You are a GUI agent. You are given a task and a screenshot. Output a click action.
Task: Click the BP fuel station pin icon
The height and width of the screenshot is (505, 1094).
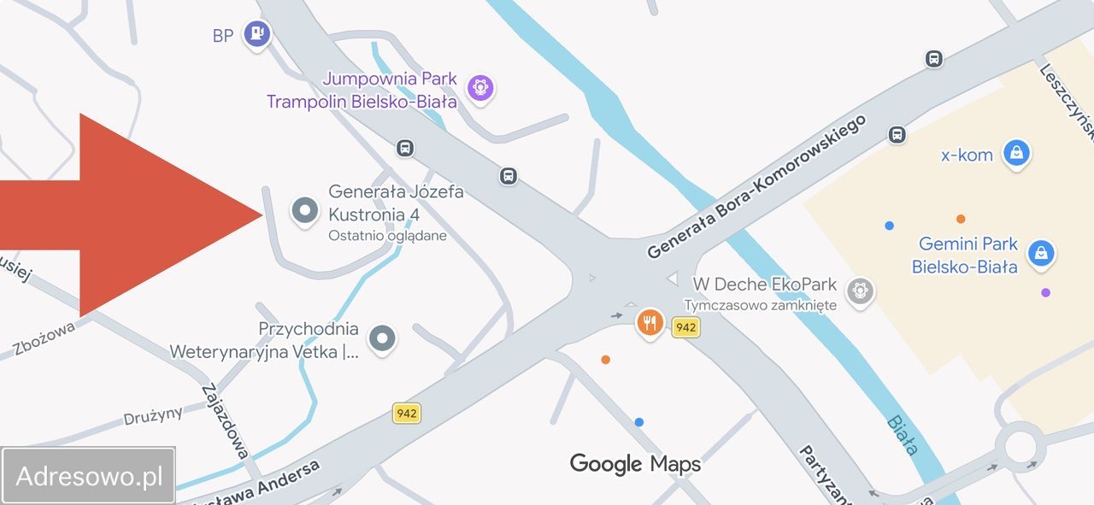click(x=256, y=34)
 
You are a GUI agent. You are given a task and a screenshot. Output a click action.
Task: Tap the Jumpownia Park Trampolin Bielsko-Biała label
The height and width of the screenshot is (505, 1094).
click(x=362, y=91)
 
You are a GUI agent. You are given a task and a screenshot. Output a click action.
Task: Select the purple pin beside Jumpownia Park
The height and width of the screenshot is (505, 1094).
click(x=480, y=87)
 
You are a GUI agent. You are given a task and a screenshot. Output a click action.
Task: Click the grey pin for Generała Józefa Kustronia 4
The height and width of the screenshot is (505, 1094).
click(x=305, y=210)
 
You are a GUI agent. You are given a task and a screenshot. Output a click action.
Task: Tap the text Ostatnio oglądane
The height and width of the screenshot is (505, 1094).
click(x=387, y=236)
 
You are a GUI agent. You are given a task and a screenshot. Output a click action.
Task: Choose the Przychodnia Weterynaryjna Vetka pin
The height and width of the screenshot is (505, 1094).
click(x=382, y=338)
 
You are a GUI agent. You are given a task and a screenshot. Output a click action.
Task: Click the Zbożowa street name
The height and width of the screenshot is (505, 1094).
click(x=44, y=337)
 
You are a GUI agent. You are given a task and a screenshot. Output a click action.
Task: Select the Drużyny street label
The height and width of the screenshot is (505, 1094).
click(x=153, y=415)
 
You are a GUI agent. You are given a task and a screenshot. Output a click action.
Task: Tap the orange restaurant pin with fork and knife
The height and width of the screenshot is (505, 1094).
click(x=650, y=323)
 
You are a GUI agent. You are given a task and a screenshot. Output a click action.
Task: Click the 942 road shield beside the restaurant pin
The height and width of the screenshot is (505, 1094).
click(x=685, y=327)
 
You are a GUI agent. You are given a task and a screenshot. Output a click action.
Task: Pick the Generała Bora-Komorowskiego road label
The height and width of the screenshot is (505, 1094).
click(x=756, y=186)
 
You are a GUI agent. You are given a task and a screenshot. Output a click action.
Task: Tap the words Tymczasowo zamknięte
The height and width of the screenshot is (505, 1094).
click(x=760, y=305)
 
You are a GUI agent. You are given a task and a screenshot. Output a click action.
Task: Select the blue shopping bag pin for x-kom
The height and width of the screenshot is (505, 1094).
click(x=1015, y=154)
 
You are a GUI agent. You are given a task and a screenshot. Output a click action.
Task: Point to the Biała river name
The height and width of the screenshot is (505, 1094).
click(x=903, y=434)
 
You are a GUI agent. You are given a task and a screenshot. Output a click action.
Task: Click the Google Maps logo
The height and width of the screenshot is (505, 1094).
click(x=635, y=464)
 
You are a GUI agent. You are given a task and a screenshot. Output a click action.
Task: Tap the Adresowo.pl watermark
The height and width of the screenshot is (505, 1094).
click(x=89, y=476)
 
